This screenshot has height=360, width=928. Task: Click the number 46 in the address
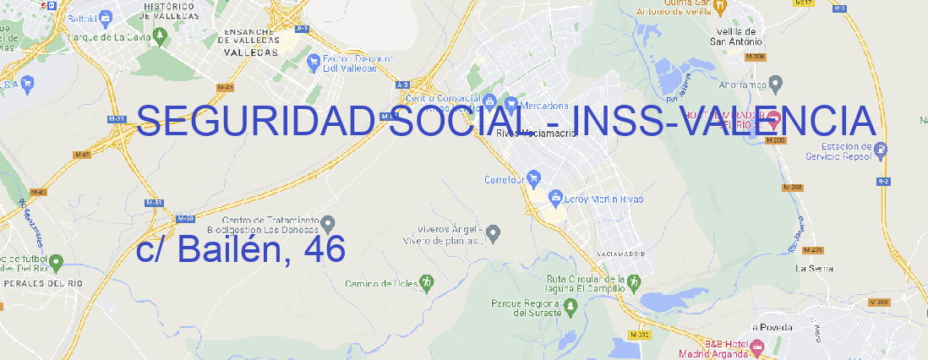(x=323, y=249)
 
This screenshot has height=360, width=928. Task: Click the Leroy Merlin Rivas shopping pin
(x=555, y=199)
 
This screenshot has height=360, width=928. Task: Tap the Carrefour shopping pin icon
(x=534, y=178)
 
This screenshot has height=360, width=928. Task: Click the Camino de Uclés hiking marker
(x=427, y=282)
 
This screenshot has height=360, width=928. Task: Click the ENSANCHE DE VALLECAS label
(x=250, y=40)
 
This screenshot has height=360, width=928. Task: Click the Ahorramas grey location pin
(x=777, y=83)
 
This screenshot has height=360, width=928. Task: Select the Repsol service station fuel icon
(x=881, y=151)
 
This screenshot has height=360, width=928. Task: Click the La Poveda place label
(x=771, y=327)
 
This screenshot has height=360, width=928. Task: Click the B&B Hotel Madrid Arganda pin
(x=757, y=346)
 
